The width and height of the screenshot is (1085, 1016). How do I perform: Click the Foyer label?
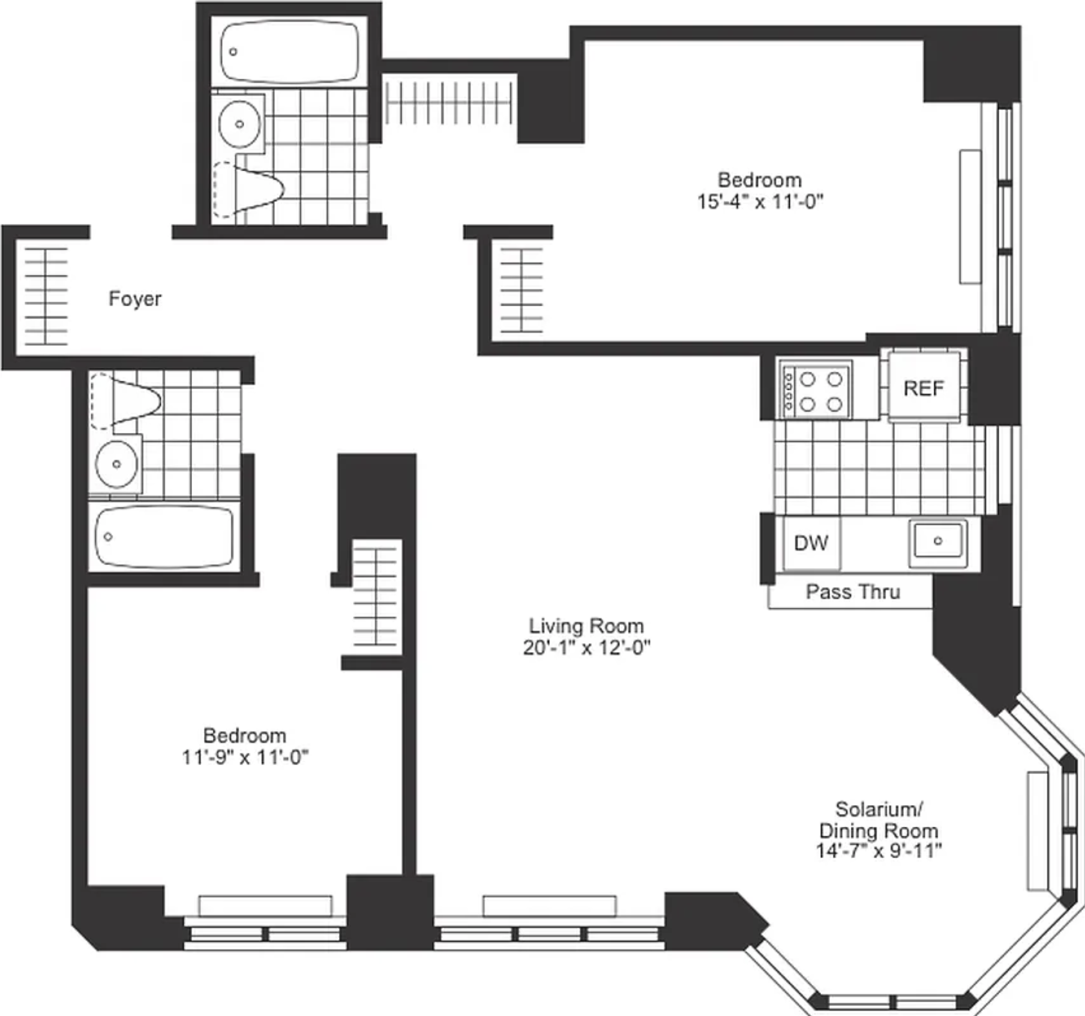pos(134,298)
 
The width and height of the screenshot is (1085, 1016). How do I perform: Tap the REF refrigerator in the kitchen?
pos(924,387)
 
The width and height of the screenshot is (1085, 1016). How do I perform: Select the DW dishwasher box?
pos(811,543)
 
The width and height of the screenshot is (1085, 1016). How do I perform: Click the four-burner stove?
pos(814,389)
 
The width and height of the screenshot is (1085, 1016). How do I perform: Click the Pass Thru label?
pos(853,592)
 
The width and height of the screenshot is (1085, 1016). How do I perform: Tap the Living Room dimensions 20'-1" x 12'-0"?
pos(586,648)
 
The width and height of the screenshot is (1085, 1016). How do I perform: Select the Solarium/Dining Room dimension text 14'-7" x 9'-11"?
pos(879,851)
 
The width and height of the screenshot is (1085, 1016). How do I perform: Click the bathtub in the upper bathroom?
pos(289,52)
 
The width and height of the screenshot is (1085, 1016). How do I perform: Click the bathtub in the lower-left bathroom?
pos(164,536)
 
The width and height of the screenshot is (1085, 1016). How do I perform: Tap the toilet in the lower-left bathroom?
pos(125,400)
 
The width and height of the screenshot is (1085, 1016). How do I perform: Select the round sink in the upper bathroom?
pos(239,124)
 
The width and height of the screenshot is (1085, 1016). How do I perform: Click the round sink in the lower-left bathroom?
pos(116,464)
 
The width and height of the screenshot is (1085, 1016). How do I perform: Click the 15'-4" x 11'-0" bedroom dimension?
pos(760,202)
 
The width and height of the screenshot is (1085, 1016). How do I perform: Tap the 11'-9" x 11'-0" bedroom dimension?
pos(245,757)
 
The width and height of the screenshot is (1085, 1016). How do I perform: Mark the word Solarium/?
pos(879,809)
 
